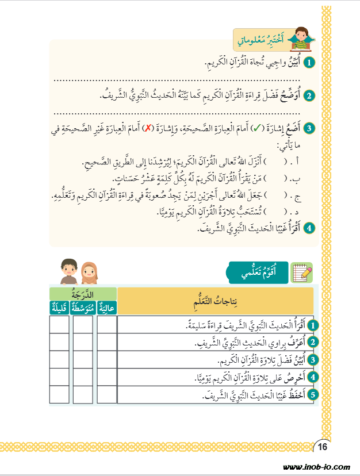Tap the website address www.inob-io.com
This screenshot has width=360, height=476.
[316, 467]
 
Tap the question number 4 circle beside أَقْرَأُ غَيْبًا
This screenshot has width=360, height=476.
[309, 227]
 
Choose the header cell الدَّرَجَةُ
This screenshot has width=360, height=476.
[82, 294]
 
